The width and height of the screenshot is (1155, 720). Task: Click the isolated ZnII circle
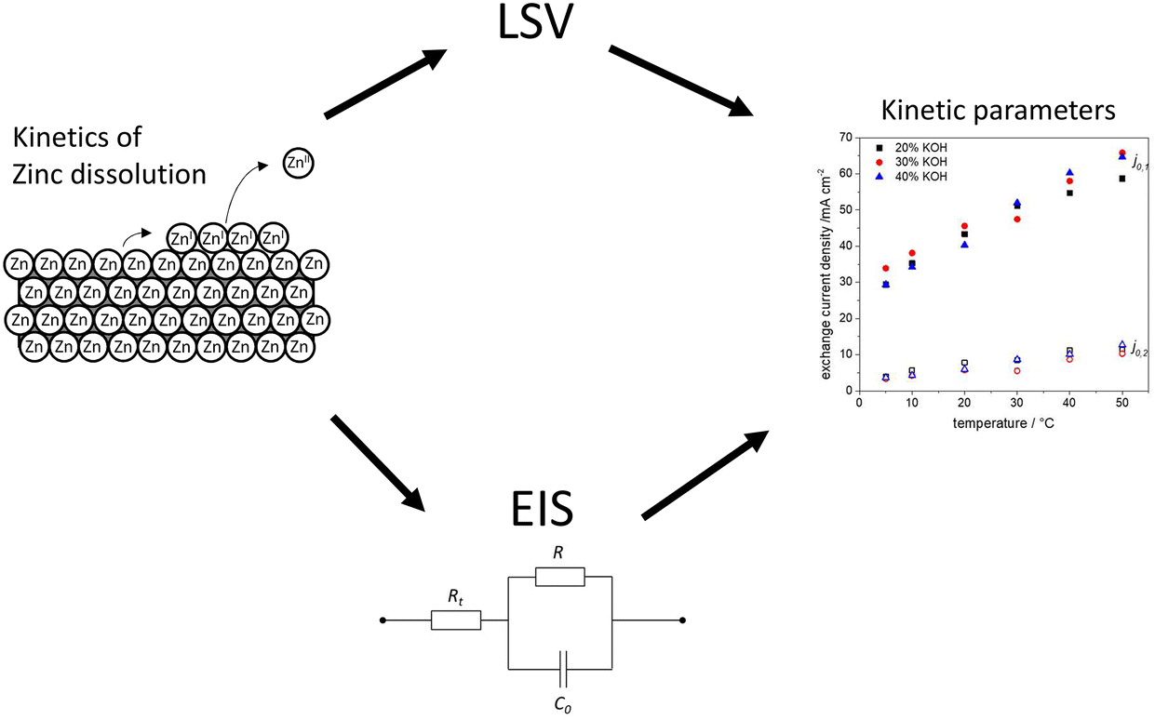pyautogui.click(x=300, y=166)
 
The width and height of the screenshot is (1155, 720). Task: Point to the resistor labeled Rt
pyautogui.click(x=456, y=620)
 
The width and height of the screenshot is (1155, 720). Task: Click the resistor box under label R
pyautogui.click(x=560, y=578)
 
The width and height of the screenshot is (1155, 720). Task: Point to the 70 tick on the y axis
pyautogui.click(x=845, y=138)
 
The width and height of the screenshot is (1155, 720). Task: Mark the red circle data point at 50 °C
pyautogui.click(x=1121, y=153)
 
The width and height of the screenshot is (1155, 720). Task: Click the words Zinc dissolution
pyautogui.click(x=110, y=173)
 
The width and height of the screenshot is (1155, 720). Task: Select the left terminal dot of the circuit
pyautogui.click(x=383, y=620)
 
